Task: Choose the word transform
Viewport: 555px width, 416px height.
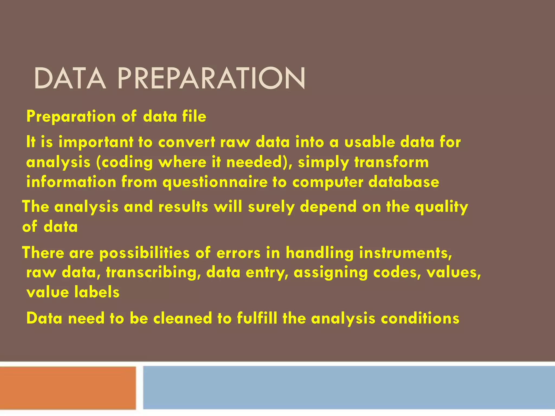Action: pyautogui.click(x=391, y=162)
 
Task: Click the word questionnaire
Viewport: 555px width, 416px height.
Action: pyautogui.click(x=215, y=182)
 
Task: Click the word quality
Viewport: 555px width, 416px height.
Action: pyautogui.click(x=441, y=207)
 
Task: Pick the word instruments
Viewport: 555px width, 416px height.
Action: pyautogui.click(x=405, y=253)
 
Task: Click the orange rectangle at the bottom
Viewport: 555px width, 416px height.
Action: pyautogui.click(x=68, y=388)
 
